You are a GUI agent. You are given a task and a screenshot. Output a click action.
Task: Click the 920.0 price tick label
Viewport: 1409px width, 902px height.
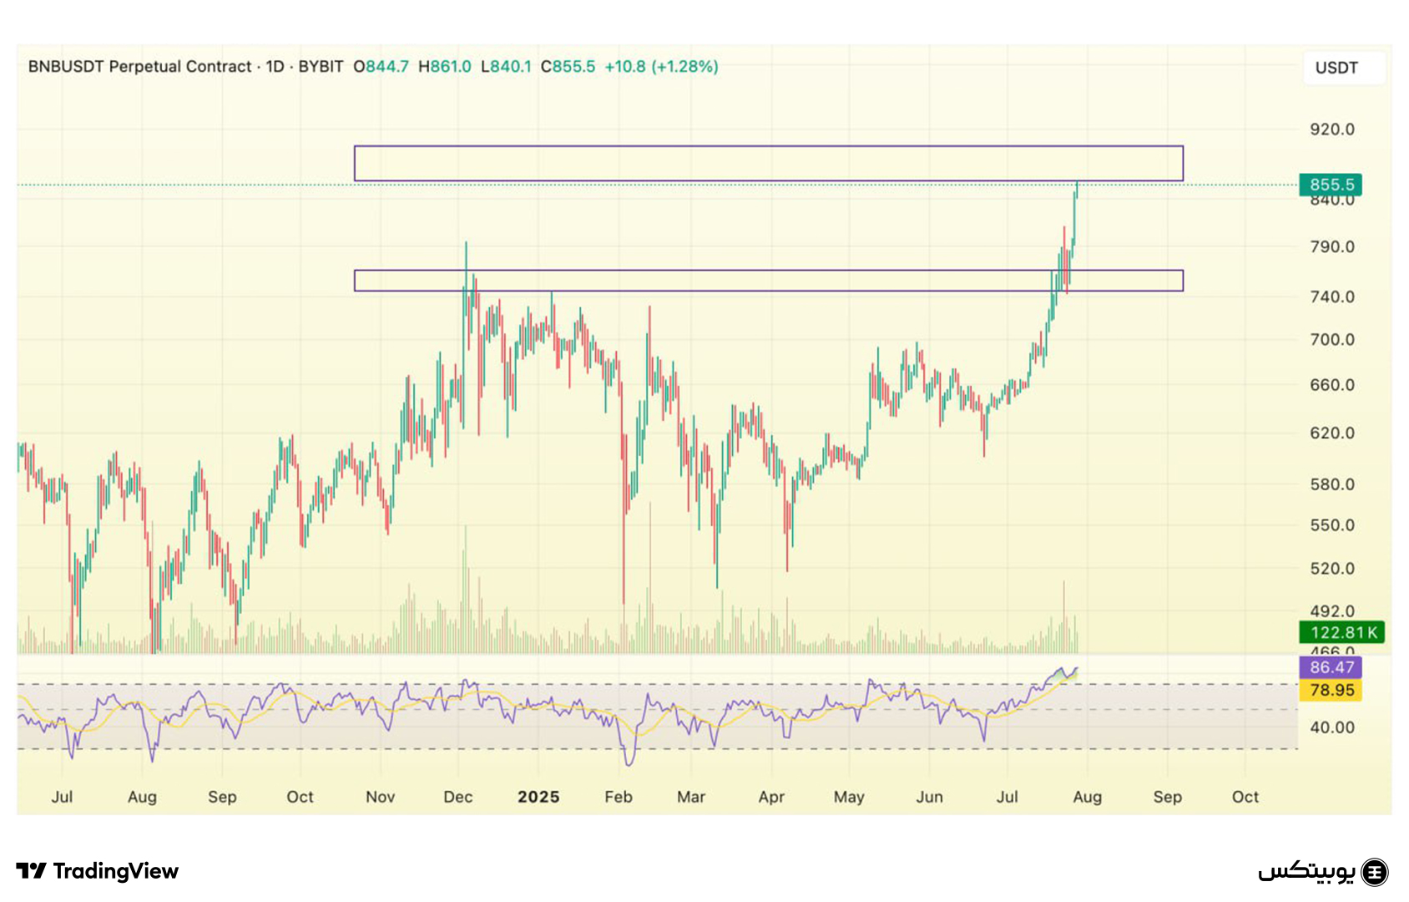1331,129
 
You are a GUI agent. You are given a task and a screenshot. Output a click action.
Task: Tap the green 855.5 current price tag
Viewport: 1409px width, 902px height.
1331,185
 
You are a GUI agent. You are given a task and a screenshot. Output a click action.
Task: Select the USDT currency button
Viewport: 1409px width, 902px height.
1336,68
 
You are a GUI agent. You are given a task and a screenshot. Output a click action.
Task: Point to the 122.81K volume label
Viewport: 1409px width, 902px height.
1342,632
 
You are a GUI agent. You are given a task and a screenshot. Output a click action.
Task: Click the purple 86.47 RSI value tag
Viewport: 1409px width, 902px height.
1331,667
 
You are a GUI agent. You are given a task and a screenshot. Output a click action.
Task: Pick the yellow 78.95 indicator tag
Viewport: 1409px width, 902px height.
1331,690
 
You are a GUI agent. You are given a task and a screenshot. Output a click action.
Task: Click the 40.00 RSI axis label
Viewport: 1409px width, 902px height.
1331,727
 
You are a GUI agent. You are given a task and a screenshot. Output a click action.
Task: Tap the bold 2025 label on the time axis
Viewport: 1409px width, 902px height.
538,797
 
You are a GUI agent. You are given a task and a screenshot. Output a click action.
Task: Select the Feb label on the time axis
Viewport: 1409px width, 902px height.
619,797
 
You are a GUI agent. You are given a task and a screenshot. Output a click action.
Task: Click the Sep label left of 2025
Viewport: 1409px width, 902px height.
222,797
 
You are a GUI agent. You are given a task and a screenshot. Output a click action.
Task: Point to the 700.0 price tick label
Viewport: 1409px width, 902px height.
1331,340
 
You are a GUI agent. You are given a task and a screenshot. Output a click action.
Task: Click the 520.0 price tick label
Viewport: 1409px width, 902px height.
1331,569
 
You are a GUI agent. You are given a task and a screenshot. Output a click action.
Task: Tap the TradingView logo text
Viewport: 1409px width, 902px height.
115,871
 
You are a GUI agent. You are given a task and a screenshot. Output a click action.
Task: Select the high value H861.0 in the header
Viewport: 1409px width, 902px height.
445,67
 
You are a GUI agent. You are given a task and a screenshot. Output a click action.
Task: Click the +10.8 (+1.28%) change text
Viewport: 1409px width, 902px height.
661,67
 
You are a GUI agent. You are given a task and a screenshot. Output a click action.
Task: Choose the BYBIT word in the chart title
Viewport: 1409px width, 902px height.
321,67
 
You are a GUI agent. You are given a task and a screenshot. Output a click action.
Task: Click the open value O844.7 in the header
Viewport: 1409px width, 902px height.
381,67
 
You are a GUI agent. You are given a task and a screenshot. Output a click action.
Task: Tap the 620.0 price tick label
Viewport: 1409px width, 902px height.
1331,433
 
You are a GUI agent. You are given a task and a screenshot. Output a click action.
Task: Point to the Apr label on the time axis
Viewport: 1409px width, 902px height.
771,797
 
